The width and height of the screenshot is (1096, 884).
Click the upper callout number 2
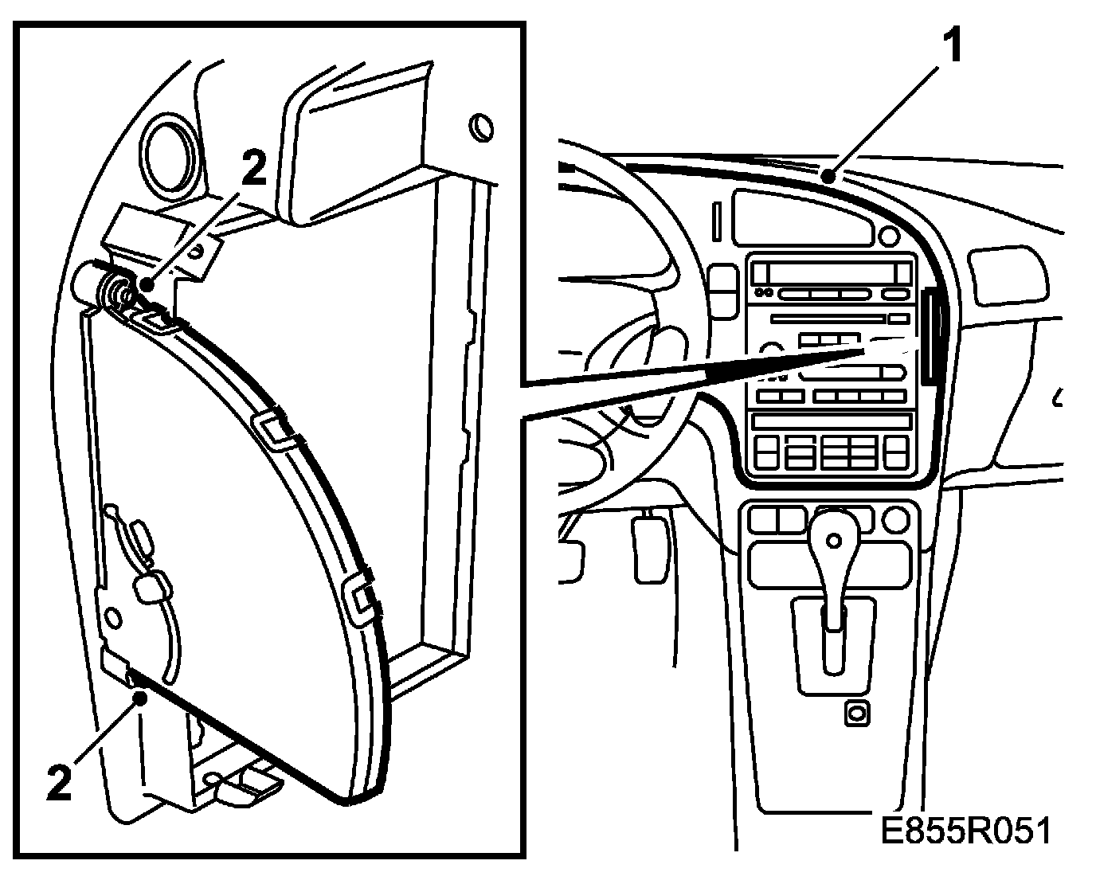point(253,169)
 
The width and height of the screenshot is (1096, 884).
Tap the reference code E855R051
point(965,831)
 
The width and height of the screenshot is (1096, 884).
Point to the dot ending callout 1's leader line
point(831,177)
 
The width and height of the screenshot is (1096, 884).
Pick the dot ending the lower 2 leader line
point(141,698)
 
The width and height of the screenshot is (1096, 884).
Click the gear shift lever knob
point(833,540)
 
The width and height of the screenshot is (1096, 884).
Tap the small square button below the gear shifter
point(856,714)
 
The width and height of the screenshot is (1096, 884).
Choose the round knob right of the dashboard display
point(888,237)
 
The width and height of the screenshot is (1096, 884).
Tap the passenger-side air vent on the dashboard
point(1008,275)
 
